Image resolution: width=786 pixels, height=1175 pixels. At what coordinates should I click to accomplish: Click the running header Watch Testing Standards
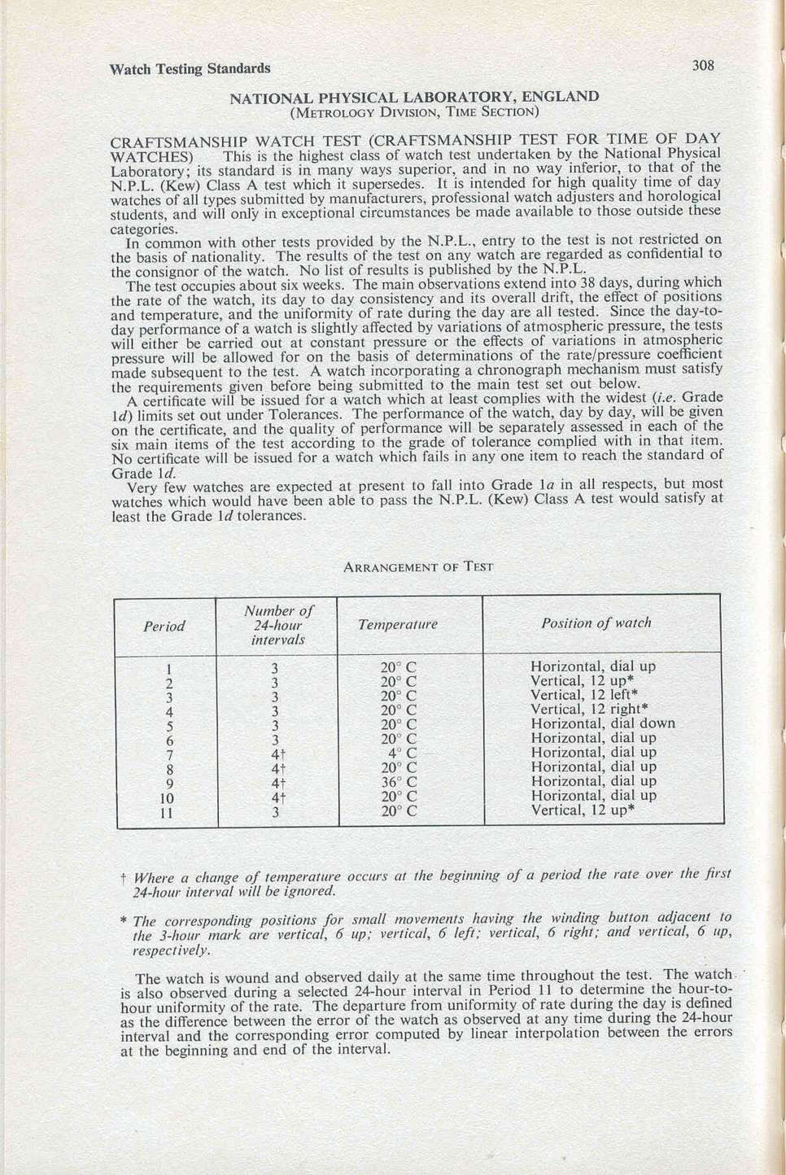tap(190, 68)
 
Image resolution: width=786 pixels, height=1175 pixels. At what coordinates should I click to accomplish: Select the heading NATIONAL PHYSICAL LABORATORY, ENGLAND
tap(414, 97)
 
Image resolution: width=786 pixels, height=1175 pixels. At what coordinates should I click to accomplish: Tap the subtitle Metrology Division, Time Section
tap(414, 111)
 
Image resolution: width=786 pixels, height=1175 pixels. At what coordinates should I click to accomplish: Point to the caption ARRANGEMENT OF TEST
tap(418, 567)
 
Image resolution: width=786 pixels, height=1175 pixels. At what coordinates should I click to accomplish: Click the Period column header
tap(164, 626)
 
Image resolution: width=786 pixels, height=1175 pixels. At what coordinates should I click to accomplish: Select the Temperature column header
tap(397, 624)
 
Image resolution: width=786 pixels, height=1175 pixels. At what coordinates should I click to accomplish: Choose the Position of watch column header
tap(596, 622)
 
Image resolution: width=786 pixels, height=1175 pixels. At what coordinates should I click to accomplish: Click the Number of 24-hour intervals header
tap(277, 625)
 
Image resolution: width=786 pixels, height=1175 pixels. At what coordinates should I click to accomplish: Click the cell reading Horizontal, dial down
tap(602, 723)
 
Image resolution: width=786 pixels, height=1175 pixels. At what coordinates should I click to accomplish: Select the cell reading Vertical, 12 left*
tap(584, 695)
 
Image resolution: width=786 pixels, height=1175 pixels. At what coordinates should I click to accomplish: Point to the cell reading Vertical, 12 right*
tap(589, 709)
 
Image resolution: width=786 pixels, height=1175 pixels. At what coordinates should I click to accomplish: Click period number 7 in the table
tap(168, 754)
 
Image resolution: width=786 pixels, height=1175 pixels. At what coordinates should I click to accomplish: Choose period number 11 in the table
tap(167, 812)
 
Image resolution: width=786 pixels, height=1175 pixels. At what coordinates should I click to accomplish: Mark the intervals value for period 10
tap(277, 797)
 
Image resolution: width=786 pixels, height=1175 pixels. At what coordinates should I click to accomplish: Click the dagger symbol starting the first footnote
tap(123, 878)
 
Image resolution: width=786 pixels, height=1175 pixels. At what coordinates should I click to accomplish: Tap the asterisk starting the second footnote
tap(124, 921)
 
